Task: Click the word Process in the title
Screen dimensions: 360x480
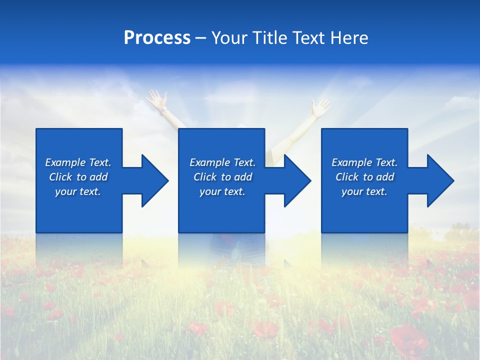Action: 157,38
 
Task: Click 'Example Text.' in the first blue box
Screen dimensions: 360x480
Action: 78,162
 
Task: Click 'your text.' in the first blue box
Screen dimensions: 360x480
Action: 78,191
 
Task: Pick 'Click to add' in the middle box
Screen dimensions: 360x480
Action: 222,177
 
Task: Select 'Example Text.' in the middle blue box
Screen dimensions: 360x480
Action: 222,162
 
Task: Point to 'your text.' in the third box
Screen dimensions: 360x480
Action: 364,191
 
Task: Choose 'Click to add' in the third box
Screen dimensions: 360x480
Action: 364,177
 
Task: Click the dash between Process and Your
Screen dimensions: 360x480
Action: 200,38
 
